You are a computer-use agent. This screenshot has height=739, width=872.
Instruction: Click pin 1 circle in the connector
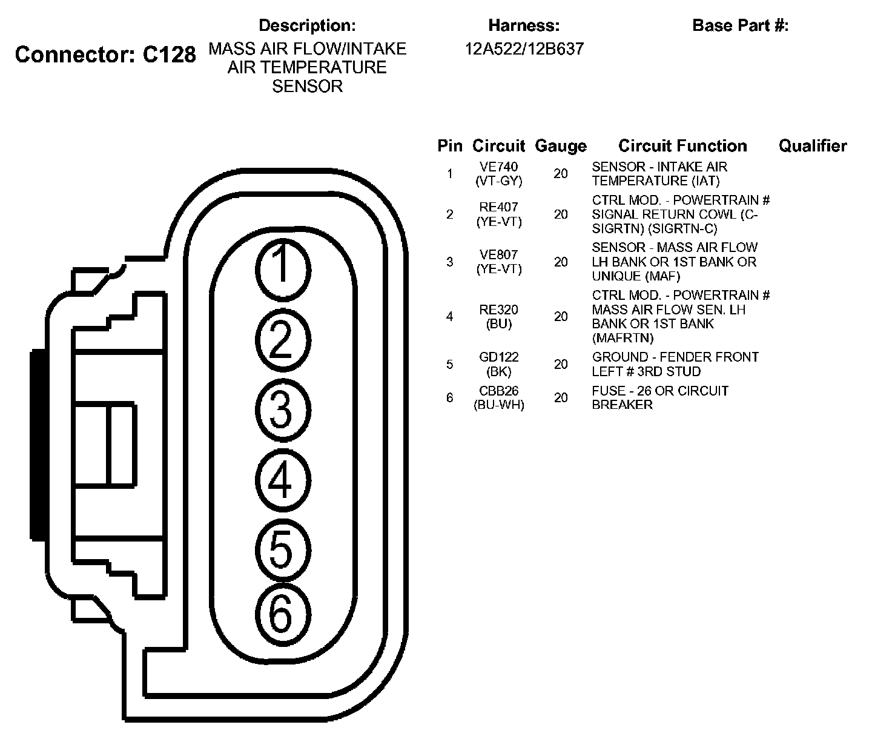click(x=283, y=270)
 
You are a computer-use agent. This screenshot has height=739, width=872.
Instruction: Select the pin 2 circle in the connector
click(x=283, y=340)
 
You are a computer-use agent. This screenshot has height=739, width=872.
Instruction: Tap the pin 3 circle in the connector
click(x=283, y=410)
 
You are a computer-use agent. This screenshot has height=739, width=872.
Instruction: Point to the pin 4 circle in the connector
click(x=283, y=480)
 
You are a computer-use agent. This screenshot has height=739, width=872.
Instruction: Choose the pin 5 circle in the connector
click(x=283, y=551)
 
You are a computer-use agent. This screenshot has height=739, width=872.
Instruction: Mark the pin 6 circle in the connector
click(x=283, y=615)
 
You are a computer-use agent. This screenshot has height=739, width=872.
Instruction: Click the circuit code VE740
click(x=498, y=167)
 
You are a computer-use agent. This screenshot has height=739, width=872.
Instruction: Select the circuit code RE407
click(x=498, y=207)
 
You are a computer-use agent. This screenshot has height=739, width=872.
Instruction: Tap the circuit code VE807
click(x=498, y=254)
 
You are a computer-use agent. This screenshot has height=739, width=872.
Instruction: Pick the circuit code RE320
click(x=498, y=310)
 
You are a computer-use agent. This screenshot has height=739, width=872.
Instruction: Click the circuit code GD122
click(x=498, y=357)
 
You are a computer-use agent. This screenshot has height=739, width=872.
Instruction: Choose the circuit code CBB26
click(x=498, y=391)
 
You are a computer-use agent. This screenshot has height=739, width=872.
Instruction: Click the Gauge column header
click(x=561, y=146)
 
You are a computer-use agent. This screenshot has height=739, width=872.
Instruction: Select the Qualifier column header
click(x=813, y=146)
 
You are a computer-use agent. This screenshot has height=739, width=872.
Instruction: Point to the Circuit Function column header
click(x=682, y=145)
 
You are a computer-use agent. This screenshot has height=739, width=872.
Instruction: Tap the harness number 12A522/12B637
click(x=524, y=49)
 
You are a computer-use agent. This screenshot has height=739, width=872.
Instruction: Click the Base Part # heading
click(x=741, y=25)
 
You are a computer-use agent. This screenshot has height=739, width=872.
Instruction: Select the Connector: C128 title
click(x=105, y=55)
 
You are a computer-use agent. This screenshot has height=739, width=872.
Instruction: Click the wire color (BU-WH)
click(x=498, y=405)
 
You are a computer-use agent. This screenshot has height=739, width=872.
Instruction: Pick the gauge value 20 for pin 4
click(x=561, y=317)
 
